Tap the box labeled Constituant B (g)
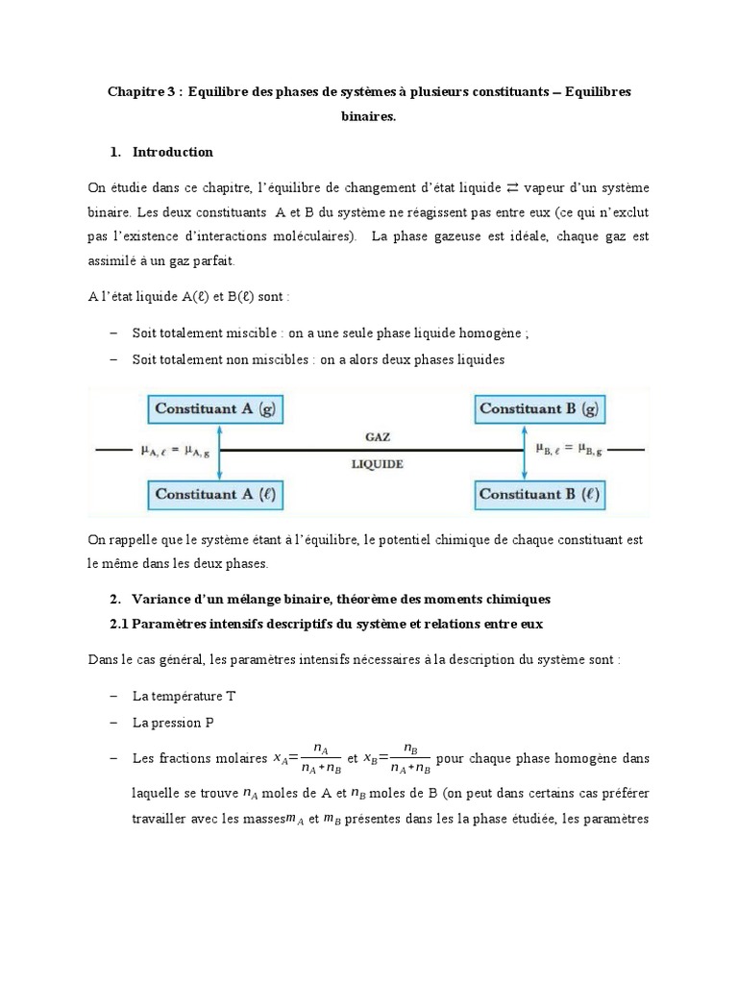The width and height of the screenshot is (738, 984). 539,408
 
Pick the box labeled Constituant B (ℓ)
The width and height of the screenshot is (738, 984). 539,495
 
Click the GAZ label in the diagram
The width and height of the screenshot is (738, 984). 377,436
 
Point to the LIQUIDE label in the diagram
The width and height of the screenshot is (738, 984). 377,463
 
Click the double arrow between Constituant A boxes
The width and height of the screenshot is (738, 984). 220,452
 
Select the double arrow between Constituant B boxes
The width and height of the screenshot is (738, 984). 525,452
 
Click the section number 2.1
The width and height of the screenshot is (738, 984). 123,624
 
